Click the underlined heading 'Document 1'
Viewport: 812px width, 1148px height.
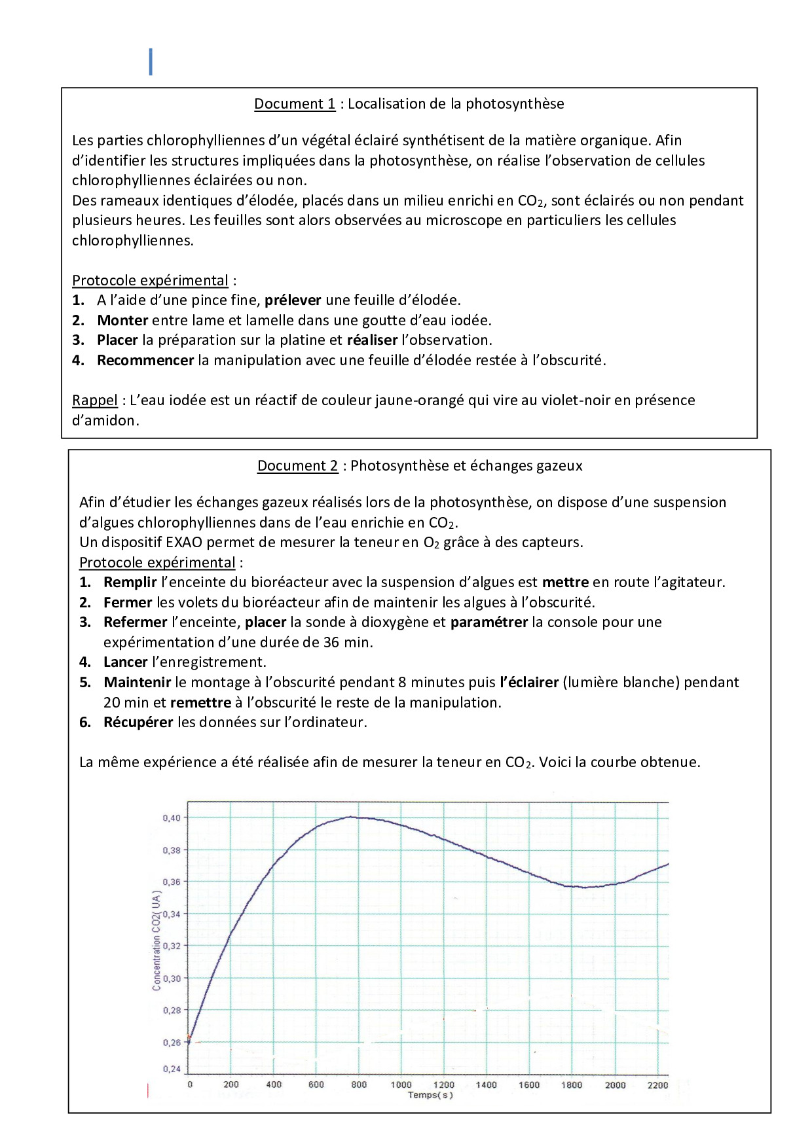(295, 103)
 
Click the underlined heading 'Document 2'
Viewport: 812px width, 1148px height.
(297, 465)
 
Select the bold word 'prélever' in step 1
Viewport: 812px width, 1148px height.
(293, 300)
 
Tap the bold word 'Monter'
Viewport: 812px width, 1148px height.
(122, 320)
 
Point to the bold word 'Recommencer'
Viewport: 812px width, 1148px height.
(145, 360)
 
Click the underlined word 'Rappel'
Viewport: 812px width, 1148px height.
(95, 400)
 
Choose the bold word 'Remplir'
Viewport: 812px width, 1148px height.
(130, 582)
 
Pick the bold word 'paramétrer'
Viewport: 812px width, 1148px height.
(489, 622)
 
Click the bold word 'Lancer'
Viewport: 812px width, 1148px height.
(125, 662)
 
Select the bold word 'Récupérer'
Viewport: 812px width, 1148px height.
(138, 722)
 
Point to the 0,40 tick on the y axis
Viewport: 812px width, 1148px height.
(172, 817)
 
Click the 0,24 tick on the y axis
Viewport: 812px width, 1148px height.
(172, 1069)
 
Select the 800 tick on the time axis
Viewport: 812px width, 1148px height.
(359, 1085)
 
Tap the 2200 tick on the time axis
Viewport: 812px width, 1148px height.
(657, 1085)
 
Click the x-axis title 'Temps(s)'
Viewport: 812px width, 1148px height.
(430, 1095)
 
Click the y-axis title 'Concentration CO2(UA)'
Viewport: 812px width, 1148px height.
(157, 940)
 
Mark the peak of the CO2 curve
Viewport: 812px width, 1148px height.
(352, 816)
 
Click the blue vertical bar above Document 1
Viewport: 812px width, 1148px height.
(151, 62)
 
